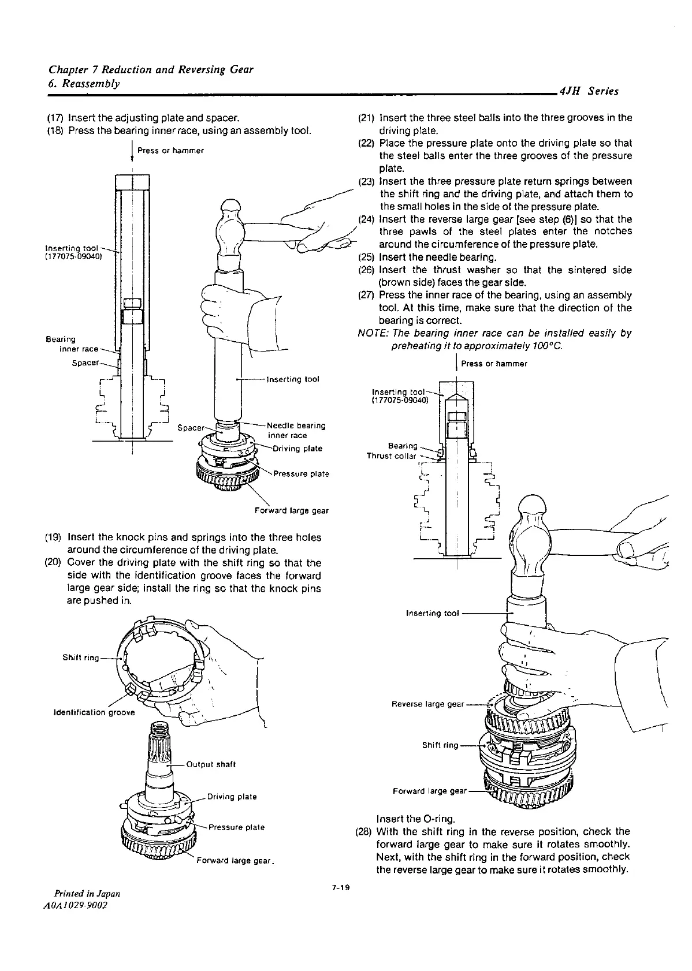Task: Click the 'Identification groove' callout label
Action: (94, 712)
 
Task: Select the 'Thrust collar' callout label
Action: (391, 456)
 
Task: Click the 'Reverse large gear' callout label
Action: (427, 704)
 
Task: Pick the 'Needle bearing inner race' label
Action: (296, 431)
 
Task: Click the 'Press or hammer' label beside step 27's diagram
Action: (494, 364)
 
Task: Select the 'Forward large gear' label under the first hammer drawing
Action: (291, 510)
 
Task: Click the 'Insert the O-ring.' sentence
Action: (415, 819)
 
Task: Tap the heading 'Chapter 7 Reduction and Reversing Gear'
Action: (151, 70)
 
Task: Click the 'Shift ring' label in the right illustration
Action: (440, 745)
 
